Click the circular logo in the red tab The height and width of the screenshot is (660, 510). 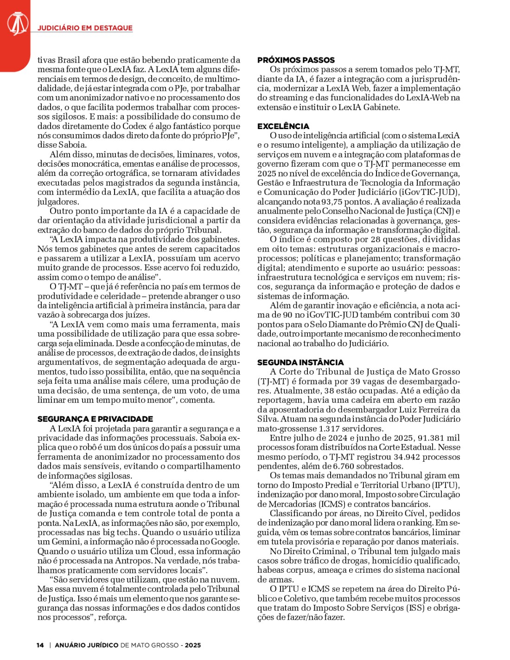click(17, 23)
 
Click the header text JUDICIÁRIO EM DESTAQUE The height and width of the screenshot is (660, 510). click(85, 28)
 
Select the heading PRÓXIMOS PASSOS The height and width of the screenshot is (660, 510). click(296, 60)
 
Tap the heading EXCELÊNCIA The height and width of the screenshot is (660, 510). click(283, 126)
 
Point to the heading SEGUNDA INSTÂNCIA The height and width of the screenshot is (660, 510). click(300, 362)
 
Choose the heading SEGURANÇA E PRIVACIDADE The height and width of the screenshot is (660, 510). click(95, 419)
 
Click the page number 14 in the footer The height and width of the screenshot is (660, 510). click(41, 645)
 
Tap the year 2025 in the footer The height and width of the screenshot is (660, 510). click(193, 645)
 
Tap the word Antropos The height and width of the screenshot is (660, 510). click(135, 561)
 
